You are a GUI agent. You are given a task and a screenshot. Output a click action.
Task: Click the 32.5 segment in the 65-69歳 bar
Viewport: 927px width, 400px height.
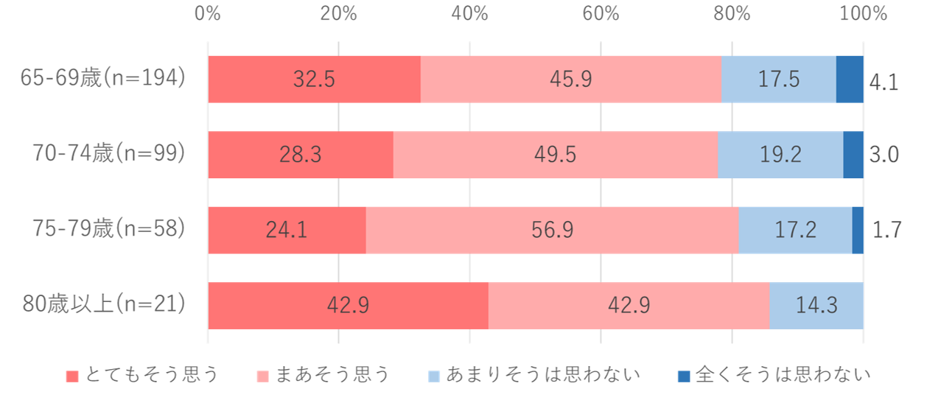tap(314, 79)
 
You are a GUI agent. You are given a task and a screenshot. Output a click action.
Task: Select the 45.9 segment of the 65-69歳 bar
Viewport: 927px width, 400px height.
tap(570, 79)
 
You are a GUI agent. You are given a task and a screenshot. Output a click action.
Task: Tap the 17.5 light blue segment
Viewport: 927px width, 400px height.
tap(778, 79)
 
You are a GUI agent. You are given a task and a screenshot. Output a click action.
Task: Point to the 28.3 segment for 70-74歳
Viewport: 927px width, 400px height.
tap(301, 155)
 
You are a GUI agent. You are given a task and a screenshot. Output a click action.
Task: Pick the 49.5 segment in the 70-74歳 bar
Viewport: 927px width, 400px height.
tap(555, 155)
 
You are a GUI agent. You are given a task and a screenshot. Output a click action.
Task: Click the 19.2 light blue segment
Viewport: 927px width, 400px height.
tap(780, 155)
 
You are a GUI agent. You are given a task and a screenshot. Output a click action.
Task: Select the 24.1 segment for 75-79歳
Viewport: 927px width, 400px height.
tap(287, 231)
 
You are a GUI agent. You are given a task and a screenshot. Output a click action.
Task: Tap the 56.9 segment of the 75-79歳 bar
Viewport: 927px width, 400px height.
tap(551, 231)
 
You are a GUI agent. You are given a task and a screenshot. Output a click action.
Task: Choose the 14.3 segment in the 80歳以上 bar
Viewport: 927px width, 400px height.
tap(816, 306)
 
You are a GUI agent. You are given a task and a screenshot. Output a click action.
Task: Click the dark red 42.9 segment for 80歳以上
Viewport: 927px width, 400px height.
tap(348, 306)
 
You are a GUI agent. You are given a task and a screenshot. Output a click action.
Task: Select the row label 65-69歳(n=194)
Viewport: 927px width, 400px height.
tap(101, 78)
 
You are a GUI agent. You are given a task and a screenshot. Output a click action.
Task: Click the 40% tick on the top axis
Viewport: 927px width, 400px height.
tap(470, 14)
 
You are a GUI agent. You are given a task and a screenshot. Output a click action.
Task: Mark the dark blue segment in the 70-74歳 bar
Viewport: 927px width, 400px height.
tap(853, 155)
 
